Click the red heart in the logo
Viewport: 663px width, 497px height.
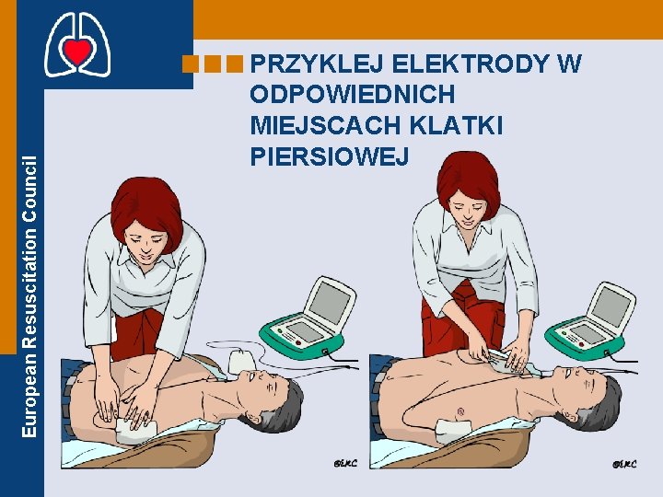coord(77,52)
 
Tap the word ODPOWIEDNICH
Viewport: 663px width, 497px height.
coord(353,94)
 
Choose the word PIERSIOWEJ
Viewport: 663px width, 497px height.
coord(330,156)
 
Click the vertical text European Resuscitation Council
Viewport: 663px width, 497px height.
coord(29,296)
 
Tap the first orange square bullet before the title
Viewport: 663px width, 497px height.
coord(191,64)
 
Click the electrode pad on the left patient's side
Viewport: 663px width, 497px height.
coord(136,430)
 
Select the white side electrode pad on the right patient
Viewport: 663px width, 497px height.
coord(454,430)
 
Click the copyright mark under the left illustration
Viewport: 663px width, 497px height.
coord(345,464)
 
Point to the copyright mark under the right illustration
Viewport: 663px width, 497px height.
coord(624,464)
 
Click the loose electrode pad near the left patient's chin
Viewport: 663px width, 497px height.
coord(242,362)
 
